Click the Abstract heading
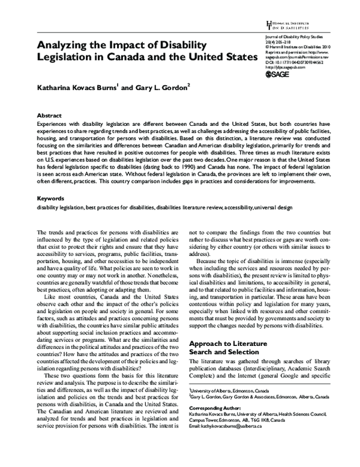coord(50,113)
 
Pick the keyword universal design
coord(275,207)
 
